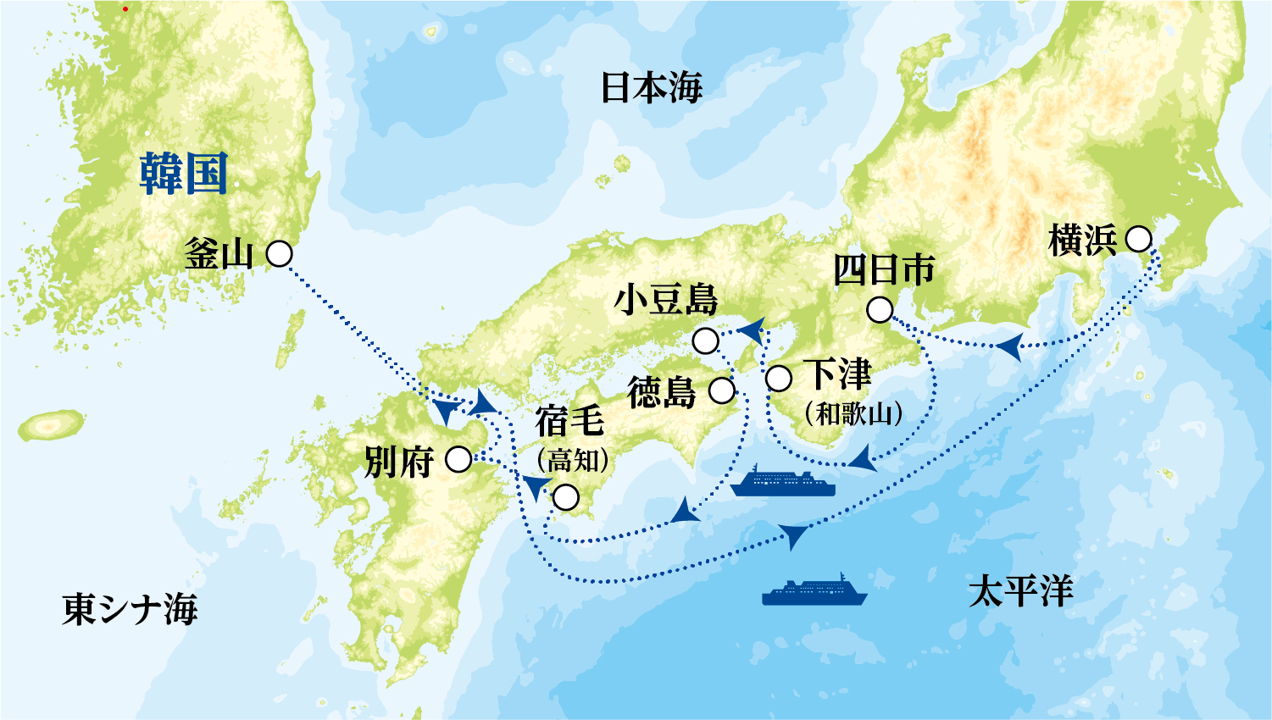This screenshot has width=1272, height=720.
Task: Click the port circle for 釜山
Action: [x=280, y=253]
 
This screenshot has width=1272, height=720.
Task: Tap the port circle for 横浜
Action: [x=1138, y=240]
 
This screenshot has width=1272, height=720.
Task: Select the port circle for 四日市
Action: [x=880, y=310]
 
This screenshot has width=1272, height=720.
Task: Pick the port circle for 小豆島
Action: [x=706, y=341]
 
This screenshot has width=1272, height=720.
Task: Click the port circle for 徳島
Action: [x=722, y=390]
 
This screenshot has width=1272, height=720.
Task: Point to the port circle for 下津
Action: [x=779, y=378]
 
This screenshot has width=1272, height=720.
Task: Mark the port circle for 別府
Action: [x=458, y=459]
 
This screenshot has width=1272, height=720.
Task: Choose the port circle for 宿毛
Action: [x=565, y=497]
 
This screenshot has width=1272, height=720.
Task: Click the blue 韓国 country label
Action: [x=183, y=174]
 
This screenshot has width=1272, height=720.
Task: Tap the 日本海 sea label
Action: [x=651, y=87]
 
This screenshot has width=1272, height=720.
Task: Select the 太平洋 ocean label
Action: [x=1020, y=590]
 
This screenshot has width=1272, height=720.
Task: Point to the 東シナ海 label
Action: [x=130, y=609]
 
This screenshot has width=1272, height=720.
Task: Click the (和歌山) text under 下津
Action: [x=853, y=413]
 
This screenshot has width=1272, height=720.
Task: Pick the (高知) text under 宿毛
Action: [x=573, y=460]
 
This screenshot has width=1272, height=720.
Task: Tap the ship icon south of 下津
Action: [x=782, y=481]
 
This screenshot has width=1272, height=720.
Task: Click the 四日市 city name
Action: [x=884, y=271]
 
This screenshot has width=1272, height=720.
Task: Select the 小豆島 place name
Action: [x=665, y=300]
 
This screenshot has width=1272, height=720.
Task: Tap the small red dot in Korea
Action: [x=125, y=8]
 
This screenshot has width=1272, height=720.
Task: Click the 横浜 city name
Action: [x=1082, y=241]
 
